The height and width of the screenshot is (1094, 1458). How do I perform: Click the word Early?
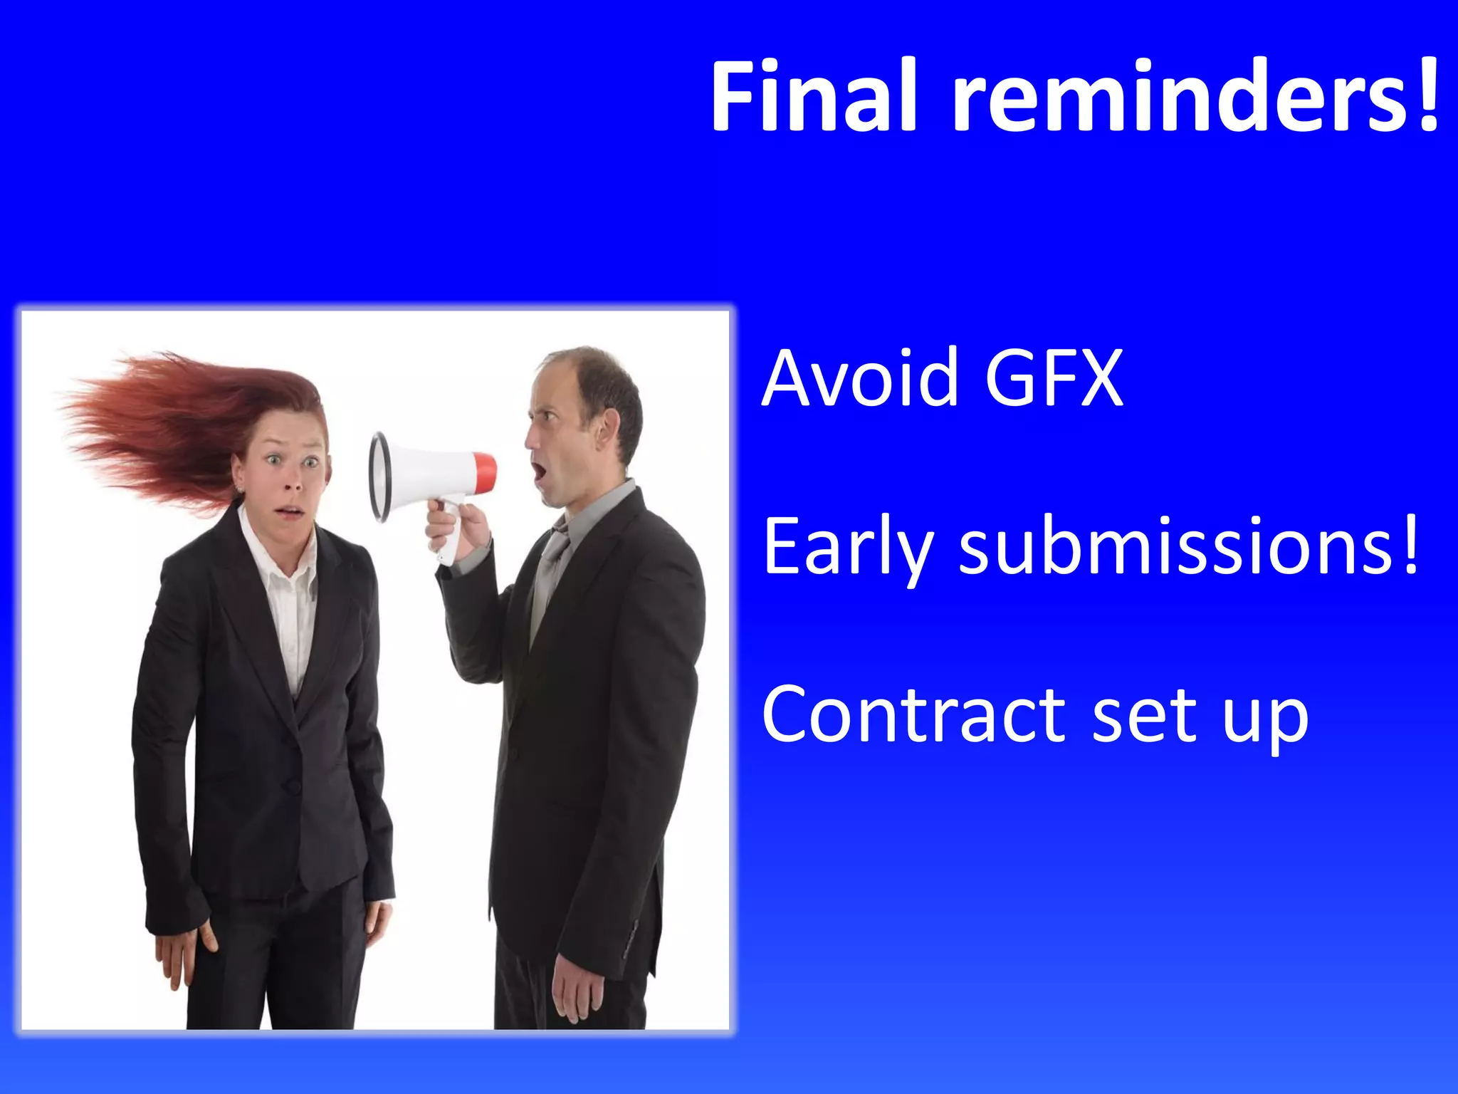coord(847,548)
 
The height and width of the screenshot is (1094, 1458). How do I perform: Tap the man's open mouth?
coord(540,471)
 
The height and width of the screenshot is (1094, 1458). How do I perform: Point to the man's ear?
coord(606,427)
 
